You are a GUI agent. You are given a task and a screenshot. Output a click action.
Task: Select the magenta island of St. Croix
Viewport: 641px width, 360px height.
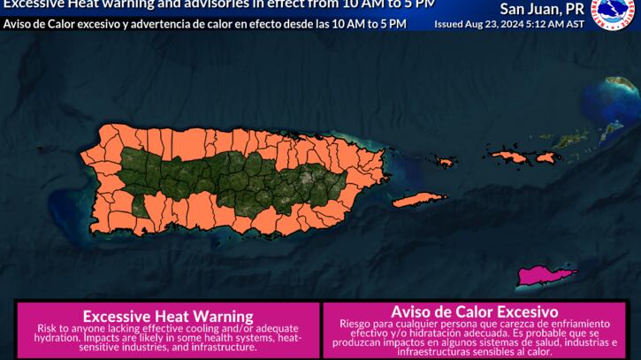click(546, 277)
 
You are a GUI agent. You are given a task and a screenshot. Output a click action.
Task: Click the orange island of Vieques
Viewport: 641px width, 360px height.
click(420, 200)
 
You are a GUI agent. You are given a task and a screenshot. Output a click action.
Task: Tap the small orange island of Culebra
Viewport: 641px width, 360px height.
click(508, 157)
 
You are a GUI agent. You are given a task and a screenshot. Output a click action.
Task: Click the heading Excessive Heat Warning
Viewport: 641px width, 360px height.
click(167, 315)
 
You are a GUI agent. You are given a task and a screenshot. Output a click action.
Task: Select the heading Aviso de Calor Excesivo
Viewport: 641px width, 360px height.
click(474, 311)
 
